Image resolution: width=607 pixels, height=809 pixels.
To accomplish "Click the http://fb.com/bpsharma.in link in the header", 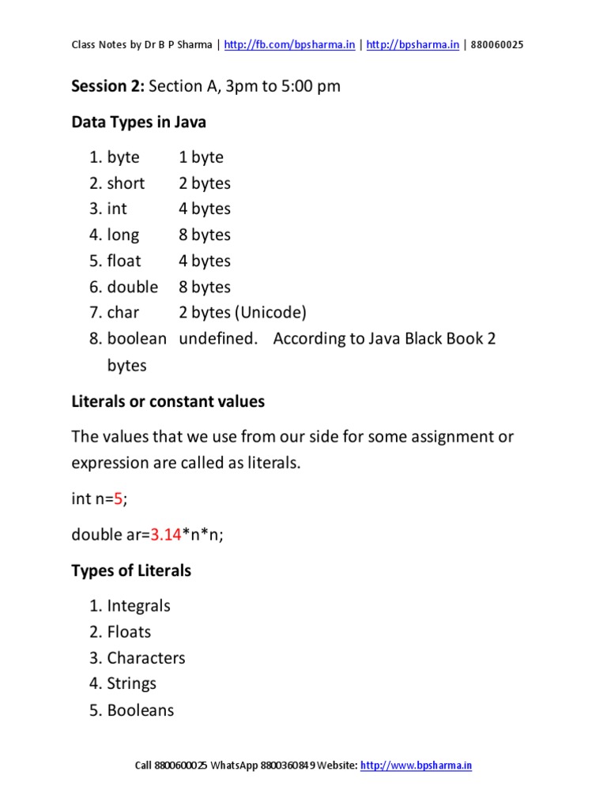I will pos(289,45).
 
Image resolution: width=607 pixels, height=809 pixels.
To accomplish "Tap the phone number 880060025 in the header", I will pos(496,45).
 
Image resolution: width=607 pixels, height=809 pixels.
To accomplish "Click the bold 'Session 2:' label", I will pos(108,86).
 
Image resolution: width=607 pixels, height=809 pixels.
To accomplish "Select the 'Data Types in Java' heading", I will pos(138,122).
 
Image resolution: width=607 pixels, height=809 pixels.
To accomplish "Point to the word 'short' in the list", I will pos(126,183).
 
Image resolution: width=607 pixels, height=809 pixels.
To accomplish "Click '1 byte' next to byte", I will pos(201,157).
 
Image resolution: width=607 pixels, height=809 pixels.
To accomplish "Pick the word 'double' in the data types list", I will pos(133,287).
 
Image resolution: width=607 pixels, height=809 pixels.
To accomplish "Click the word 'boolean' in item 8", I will pos(137,339).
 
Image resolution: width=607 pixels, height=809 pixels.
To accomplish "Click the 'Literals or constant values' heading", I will pos(168,401).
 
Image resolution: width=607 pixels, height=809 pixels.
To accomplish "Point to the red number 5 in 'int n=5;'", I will pos(119,499).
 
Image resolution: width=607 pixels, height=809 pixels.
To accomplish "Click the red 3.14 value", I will pos(166,535).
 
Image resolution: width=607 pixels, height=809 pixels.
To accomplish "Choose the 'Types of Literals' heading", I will pos(131,570).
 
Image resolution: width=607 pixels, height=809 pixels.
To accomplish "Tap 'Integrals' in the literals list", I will pos(139,606).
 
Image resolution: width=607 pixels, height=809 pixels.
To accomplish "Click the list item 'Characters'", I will pos(146,658).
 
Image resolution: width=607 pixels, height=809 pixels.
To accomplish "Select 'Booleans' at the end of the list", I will pos(141,710).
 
